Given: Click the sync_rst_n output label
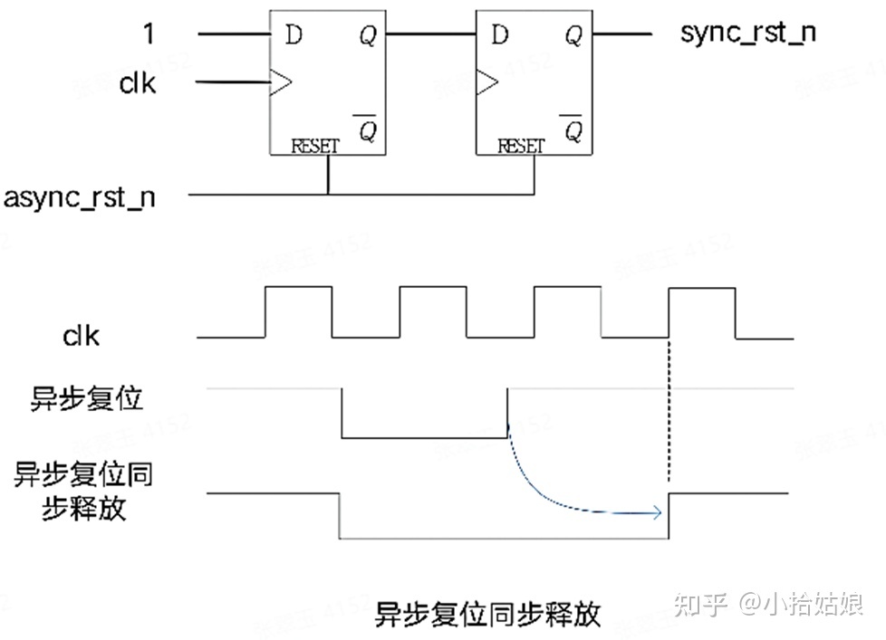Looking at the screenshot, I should point(747,34).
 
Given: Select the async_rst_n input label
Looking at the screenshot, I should point(80,196).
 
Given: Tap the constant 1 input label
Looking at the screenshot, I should point(149,34).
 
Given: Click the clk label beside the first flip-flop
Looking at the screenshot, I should point(138,83).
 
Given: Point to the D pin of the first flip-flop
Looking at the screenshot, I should point(293,35).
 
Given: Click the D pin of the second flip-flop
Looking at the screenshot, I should point(499,35).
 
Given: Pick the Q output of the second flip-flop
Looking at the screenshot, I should point(573,35).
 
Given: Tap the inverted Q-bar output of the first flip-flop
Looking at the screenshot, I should point(367,129).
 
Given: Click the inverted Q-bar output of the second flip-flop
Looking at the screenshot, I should point(573,129).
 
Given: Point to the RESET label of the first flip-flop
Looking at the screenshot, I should point(315,146).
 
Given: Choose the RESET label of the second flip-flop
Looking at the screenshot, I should point(521,146).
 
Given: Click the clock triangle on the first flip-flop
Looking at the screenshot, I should point(281,83).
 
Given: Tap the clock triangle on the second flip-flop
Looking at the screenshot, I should point(486,83).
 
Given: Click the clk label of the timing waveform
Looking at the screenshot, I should point(81,337).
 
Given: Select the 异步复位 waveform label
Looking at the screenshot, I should point(87,398).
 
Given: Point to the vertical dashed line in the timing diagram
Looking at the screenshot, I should point(669,407).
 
